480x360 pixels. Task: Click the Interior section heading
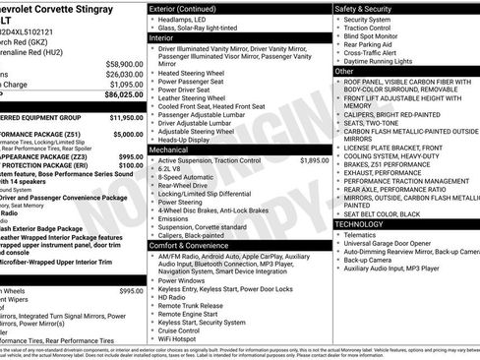click(162, 37)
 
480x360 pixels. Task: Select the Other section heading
click(344, 72)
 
